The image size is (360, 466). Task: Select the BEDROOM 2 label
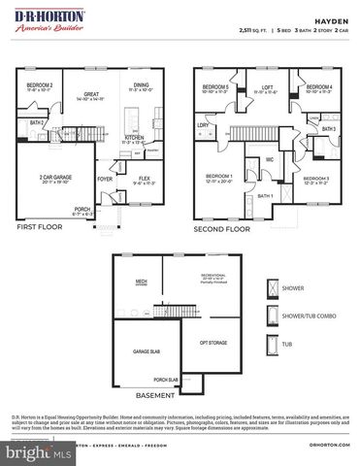tap(40, 85)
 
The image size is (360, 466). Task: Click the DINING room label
tap(141, 85)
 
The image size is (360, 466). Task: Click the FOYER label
tap(105, 179)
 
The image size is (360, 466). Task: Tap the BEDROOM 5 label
tap(213, 87)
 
